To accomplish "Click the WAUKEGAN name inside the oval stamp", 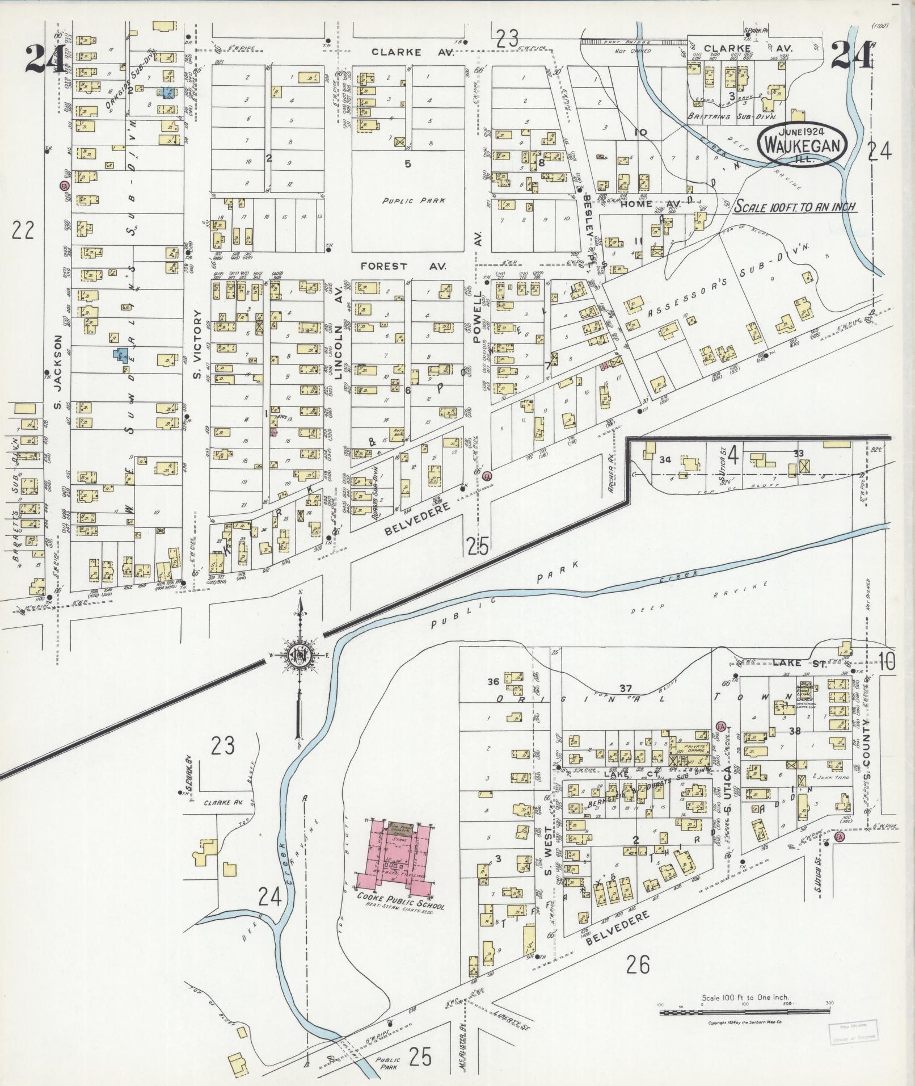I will [802, 146].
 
